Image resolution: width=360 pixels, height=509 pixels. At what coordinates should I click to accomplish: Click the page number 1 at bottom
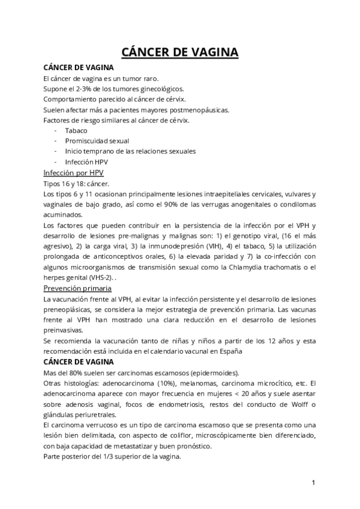click(x=314, y=483)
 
